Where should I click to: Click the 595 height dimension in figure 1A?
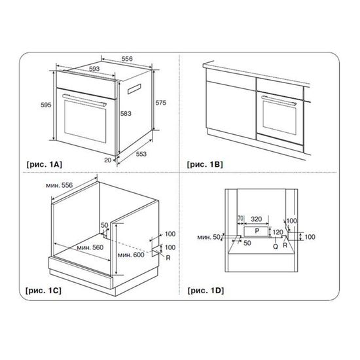pos(46,105)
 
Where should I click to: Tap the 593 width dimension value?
pos(94,69)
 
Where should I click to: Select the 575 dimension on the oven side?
pos(161,103)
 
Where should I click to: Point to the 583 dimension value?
pos(126,113)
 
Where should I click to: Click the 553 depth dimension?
pos(141,154)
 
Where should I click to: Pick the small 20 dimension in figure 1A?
pos(108,160)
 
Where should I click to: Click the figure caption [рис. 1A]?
pos(44,164)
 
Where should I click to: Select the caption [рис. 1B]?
pos(205,164)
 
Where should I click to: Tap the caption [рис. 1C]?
pos(43,291)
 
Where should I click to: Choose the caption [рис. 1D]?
pos(206,291)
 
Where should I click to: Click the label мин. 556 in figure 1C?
pos(59,185)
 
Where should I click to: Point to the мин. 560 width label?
pos(90,247)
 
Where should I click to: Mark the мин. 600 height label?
pos(131,255)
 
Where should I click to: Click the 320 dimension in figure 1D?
pos(256,219)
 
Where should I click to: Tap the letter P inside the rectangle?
pos(257,231)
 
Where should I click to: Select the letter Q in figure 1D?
pos(276,246)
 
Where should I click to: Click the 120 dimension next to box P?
pos(278,232)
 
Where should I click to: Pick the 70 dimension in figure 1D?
pos(240,219)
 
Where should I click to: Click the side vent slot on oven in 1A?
pos(134,89)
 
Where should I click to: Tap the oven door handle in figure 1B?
pos(279,100)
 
